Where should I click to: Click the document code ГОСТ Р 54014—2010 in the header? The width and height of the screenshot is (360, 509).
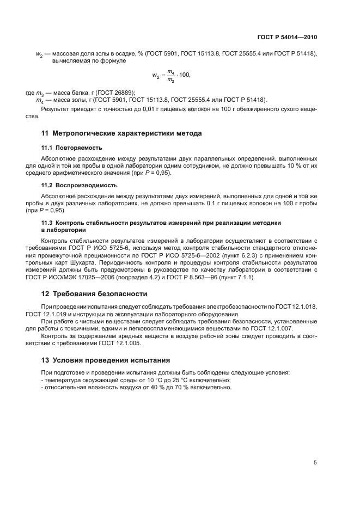tap(288, 38)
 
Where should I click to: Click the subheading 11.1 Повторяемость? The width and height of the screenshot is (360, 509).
tap(72, 148)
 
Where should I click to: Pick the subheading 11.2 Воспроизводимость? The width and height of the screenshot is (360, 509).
tap(80, 185)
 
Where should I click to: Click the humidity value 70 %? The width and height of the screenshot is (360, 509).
tap(171, 388)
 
